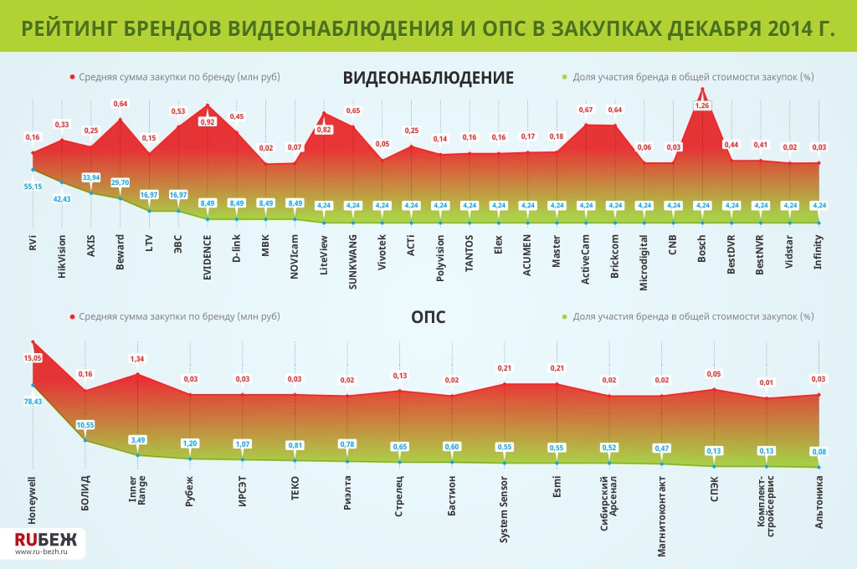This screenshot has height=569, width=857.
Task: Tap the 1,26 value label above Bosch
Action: pos(703,105)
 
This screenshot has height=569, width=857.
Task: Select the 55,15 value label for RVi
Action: pos(33,186)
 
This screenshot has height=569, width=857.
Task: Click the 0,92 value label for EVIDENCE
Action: pos(208,122)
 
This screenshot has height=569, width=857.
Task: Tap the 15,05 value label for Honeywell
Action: pos(33,357)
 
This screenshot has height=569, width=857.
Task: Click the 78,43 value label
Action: pos(33,402)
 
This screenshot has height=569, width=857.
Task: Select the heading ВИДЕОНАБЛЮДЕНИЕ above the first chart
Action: pos(428,78)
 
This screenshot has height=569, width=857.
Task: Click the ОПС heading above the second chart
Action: pos(428,317)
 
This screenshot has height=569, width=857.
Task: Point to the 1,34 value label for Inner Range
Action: pos(137,359)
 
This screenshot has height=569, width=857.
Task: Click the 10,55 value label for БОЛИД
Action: pos(86,424)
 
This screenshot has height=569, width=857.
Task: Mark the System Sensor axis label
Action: pos(504,511)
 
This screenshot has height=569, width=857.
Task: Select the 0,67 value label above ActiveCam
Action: pos(586,110)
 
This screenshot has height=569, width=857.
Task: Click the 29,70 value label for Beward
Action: pos(120,182)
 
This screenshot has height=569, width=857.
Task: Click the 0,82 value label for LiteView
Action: pos(324,129)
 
